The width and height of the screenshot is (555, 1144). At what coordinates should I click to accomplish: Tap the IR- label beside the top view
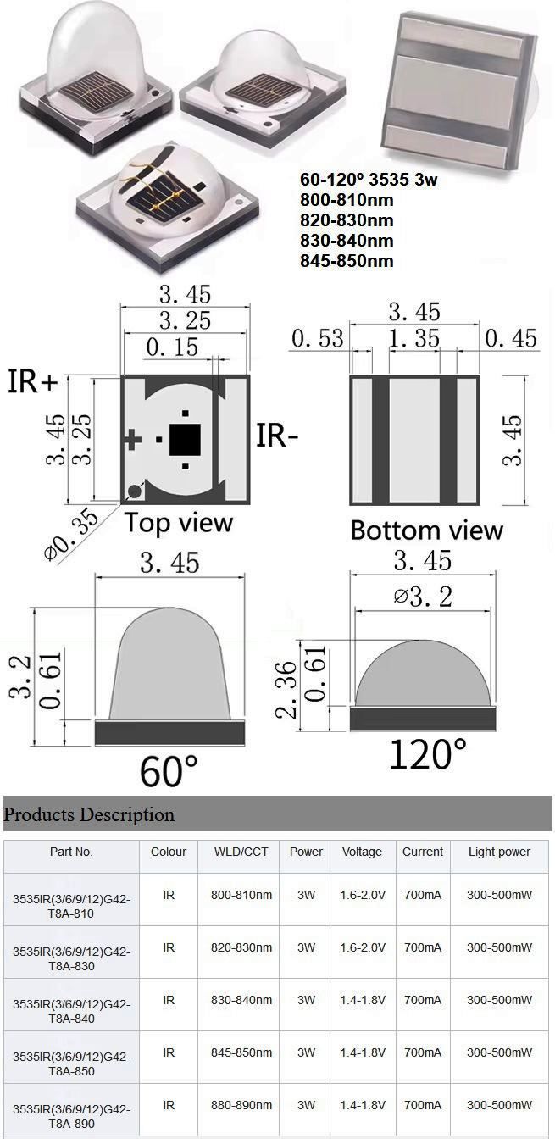point(277,436)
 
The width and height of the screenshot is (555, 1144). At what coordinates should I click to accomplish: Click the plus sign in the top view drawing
point(133,439)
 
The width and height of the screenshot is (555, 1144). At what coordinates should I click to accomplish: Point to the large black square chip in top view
point(185,439)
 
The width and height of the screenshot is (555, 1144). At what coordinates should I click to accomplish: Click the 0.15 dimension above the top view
point(172,347)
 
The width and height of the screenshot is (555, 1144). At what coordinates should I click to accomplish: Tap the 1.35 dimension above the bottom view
point(414,338)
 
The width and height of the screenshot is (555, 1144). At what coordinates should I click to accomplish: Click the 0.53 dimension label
point(318,339)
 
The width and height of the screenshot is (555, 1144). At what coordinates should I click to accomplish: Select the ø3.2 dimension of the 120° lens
point(424,596)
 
